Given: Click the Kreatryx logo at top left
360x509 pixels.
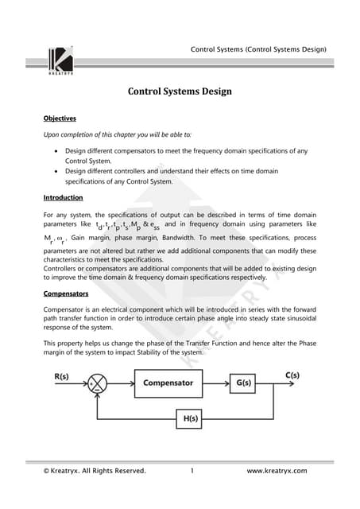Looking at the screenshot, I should coord(61,62).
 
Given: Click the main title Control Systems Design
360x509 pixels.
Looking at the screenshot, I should coord(180,91).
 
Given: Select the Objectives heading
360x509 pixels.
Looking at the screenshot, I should coord(60,119).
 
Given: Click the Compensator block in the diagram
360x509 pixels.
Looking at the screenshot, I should coord(168,383).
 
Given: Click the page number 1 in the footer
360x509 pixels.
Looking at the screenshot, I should coord(193,472).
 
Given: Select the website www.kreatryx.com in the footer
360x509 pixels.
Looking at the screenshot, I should coord(277,472).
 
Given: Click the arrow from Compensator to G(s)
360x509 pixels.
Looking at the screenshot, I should coord(215,383).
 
